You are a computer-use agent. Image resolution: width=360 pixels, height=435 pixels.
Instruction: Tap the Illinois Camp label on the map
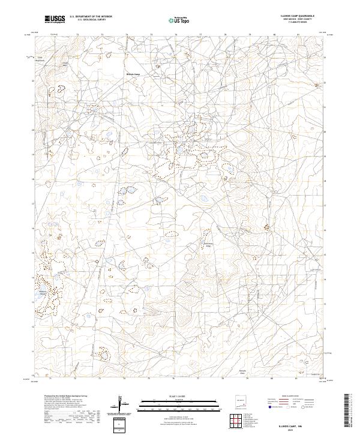click(132, 74)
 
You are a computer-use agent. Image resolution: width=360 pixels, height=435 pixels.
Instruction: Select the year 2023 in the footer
click(292, 430)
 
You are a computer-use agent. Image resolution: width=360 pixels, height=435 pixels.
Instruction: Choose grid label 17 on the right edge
click(325, 205)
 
